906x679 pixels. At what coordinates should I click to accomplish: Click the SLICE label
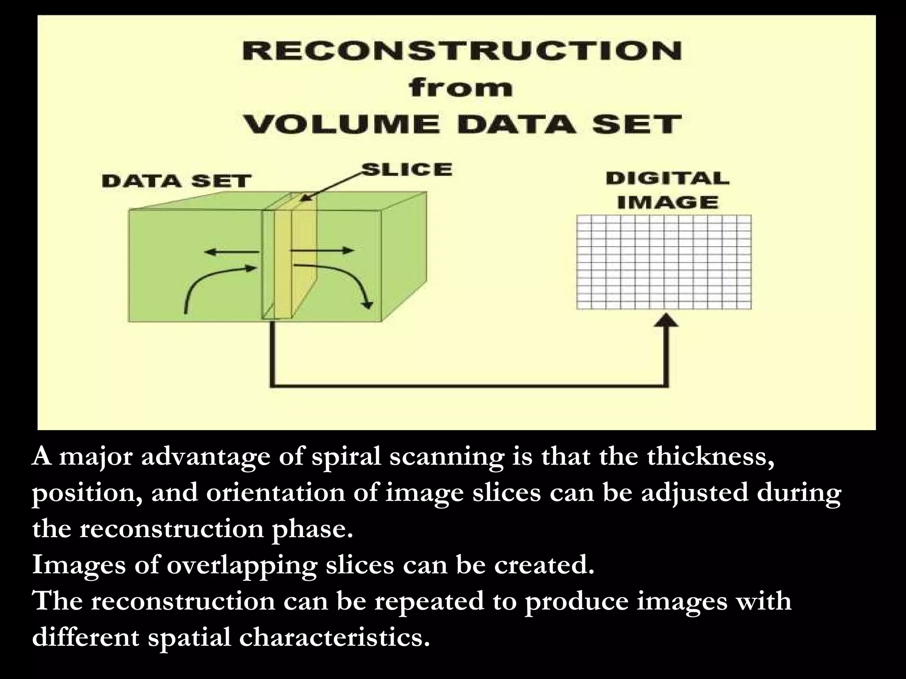[x=407, y=170]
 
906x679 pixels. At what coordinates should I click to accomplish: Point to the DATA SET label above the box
[x=176, y=181]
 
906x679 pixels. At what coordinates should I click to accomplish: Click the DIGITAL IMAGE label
[x=667, y=191]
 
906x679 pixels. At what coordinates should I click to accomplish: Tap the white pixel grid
[x=664, y=262]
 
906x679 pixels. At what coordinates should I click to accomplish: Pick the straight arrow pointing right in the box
[x=323, y=251]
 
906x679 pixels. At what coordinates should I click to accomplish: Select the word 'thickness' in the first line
[x=710, y=457]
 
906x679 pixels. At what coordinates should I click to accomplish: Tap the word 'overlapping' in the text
[x=242, y=565]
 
